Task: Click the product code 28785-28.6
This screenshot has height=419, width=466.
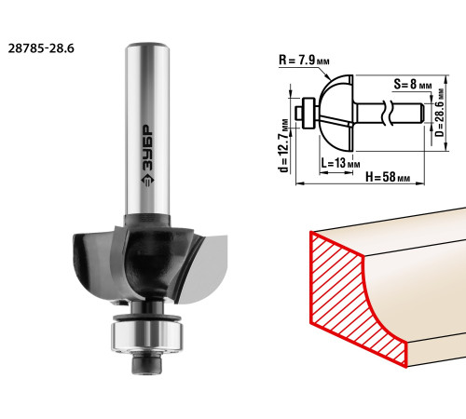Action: click(x=41, y=48)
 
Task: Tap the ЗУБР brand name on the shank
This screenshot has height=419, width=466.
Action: click(x=147, y=148)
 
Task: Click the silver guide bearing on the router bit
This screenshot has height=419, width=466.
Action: click(x=147, y=336)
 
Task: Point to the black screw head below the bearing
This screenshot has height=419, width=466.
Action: click(x=147, y=364)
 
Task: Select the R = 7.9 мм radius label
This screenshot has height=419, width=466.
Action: click(x=304, y=60)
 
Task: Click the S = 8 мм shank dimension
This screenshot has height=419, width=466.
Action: click(x=413, y=84)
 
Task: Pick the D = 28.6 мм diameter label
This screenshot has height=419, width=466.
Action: click(x=439, y=113)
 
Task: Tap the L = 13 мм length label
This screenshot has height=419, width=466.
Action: click(x=340, y=163)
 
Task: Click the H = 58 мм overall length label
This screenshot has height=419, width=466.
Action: click(x=388, y=177)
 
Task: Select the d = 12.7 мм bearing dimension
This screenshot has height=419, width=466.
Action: click(x=284, y=145)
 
